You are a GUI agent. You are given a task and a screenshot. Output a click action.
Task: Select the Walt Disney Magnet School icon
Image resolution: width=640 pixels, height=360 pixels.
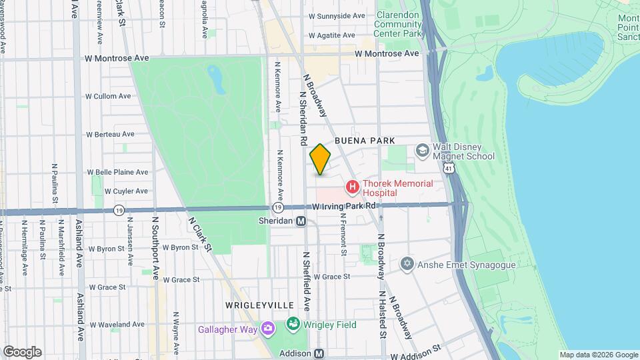pyautogui.click(x=422, y=151)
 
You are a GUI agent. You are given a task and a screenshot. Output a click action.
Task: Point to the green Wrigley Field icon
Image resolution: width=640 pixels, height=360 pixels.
pyautogui.click(x=292, y=325)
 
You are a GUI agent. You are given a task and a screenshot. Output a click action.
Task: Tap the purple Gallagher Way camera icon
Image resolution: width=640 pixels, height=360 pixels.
pyautogui.click(x=267, y=329)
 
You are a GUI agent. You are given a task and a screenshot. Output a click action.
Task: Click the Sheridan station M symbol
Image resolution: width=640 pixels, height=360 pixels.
pyautogui.click(x=301, y=221)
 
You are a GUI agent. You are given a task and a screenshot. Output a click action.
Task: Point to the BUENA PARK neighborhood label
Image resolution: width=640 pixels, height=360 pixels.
pyautogui.click(x=365, y=141)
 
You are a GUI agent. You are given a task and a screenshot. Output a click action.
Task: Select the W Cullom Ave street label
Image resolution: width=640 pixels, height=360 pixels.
pyautogui.click(x=108, y=96)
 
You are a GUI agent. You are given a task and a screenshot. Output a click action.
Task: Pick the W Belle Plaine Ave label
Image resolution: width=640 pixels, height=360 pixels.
pyautogui.click(x=117, y=171)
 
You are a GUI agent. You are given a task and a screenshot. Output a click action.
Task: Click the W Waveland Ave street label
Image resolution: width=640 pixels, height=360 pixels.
pyautogui.click(x=117, y=325)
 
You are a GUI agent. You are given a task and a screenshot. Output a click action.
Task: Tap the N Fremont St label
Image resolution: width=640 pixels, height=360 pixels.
pyautogui.click(x=343, y=233)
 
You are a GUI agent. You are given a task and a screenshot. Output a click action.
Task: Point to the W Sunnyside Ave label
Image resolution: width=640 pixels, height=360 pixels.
pyautogui.click(x=336, y=15)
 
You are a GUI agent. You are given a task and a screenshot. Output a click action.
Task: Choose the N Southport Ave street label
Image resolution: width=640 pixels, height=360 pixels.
pyautogui.click(x=155, y=237)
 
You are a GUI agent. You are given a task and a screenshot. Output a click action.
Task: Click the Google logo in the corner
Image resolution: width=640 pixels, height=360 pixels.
pyautogui.click(x=22, y=351)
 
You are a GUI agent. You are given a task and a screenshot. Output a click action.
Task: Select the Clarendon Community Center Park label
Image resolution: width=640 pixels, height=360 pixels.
pyautogui.click(x=399, y=23)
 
